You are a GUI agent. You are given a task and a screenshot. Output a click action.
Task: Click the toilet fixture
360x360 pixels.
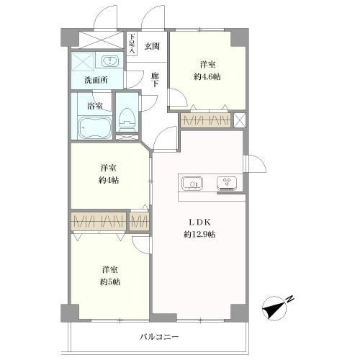click(x=127, y=120)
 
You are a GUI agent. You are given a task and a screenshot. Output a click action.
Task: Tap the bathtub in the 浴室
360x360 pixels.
click(x=95, y=127)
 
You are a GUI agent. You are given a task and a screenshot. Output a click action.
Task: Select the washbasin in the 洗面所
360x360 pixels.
click(x=110, y=60)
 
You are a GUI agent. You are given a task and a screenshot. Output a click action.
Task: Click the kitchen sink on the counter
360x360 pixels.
click(x=192, y=184)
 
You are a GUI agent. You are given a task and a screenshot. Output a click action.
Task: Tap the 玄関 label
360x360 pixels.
click(x=152, y=46)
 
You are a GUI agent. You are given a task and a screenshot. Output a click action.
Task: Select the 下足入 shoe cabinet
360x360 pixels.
click(x=132, y=44)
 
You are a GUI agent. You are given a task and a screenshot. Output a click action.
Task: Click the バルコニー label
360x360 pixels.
click(x=159, y=337)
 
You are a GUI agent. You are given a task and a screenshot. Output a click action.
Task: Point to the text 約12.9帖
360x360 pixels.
click(x=199, y=234)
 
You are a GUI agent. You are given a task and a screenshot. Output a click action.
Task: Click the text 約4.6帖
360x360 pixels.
click(x=207, y=77)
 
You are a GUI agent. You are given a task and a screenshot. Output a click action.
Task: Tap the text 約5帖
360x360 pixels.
click(x=110, y=282)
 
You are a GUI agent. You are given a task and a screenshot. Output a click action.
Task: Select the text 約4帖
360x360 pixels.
click(x=109, y=180)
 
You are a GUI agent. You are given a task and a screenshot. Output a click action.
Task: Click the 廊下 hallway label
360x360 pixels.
click(x=155, y=80)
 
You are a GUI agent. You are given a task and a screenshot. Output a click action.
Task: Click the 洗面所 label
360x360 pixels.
click(x=96, y=80)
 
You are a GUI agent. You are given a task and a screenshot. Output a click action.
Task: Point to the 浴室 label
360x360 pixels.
click(x=95, y=106)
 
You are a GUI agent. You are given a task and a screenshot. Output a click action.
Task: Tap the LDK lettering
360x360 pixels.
click(x=199, y=222)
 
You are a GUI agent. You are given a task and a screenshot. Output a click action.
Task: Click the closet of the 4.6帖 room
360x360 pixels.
click(x=205, y=120)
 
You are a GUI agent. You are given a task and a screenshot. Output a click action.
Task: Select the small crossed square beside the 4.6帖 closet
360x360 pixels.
click(x=240, y=120)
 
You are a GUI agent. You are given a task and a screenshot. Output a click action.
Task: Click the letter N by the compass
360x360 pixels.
click(x=290, y=299)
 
